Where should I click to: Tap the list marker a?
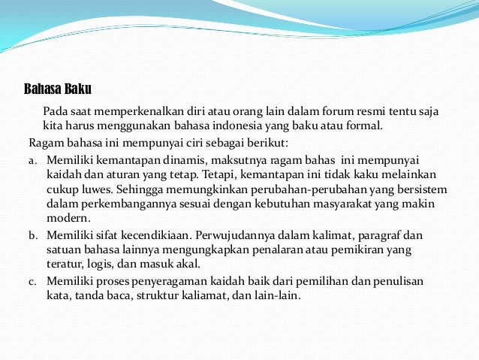[33, 160]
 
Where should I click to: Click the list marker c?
[33, 281]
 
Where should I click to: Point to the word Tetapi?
[223, 174]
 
